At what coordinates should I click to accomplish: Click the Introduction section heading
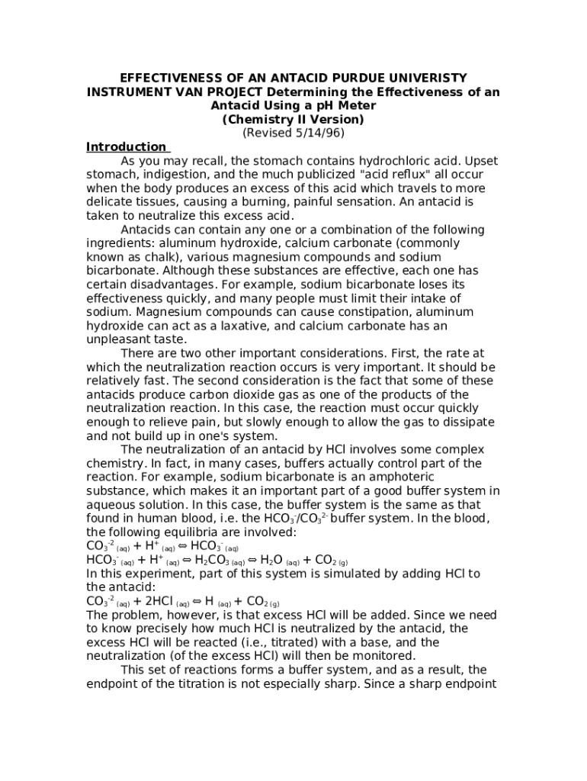point(126,147)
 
